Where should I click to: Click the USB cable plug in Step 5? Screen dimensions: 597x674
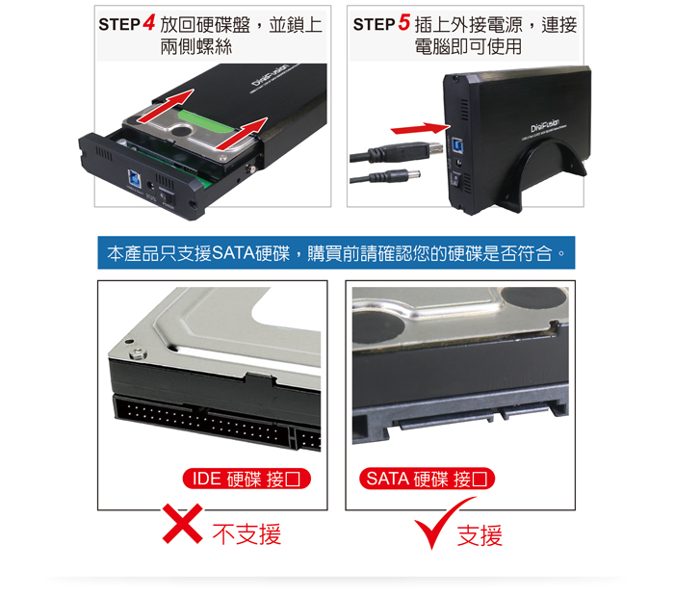(430, 150)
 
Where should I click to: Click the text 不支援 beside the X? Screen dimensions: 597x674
(246, 534)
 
